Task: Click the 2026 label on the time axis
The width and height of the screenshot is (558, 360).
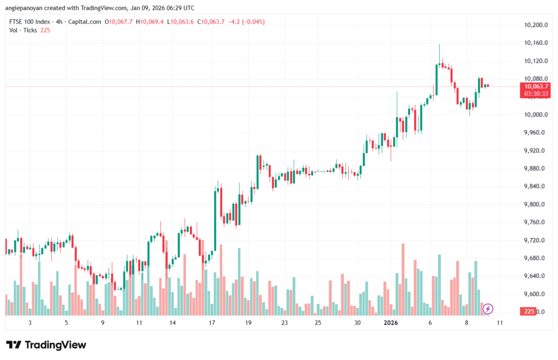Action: pyautogui.click(x=390, y=323)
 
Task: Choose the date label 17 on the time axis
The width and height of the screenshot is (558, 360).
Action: pyautogui.click(x=211, y=323)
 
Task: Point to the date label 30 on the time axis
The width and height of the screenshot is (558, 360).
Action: pyautogui.click(x=357, y=323)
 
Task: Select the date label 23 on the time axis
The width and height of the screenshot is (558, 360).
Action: pyautogui.click(x=284, y=323)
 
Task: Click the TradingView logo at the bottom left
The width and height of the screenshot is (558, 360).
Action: pyautogui.click(x=46, y=345)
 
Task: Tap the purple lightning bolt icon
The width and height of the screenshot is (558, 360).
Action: pyautogui.click(x=488, y=309)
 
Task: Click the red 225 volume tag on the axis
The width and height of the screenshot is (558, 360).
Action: pyautogui.click(x=527, y=312)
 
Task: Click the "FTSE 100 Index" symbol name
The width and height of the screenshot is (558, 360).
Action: pyautogui.click(x=31, y=22)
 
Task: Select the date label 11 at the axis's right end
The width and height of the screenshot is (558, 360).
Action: pyautogui.click(x=500, y=323)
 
